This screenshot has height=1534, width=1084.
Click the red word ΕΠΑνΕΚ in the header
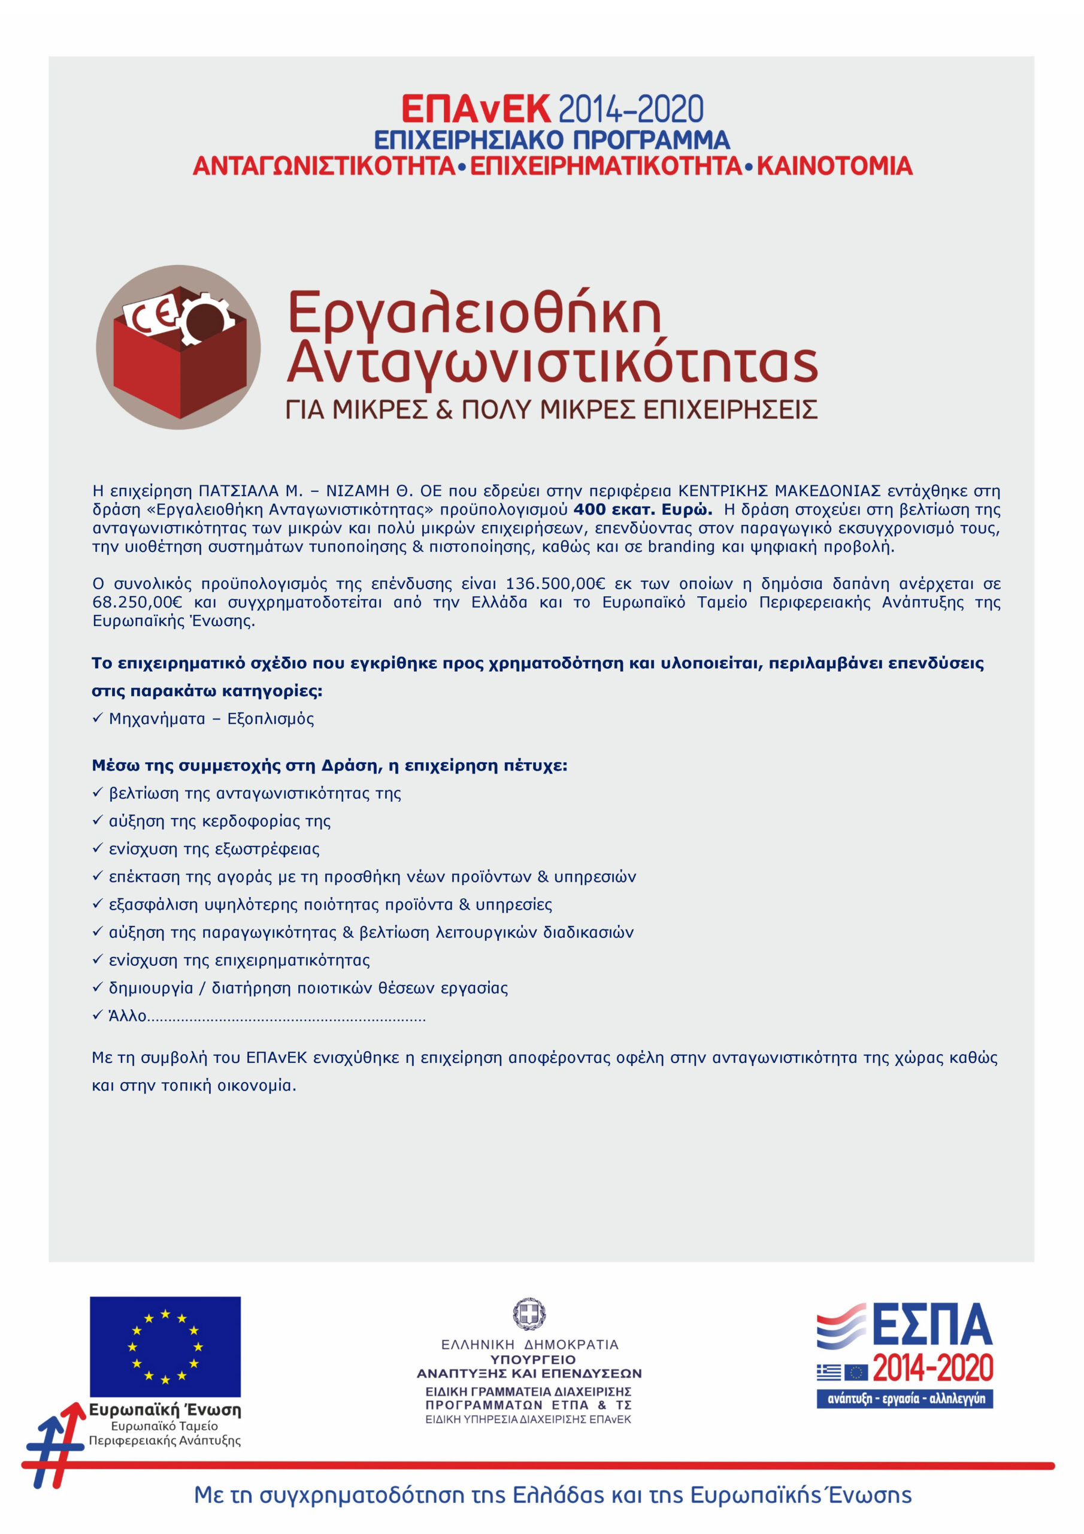[476, 109]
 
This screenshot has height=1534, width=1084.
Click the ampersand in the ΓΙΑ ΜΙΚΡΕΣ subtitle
[444, 409]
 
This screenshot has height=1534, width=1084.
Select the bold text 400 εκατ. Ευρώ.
[643, 510]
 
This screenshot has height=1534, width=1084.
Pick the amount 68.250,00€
[137, 603]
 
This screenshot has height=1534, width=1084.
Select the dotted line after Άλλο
[286, 1017]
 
